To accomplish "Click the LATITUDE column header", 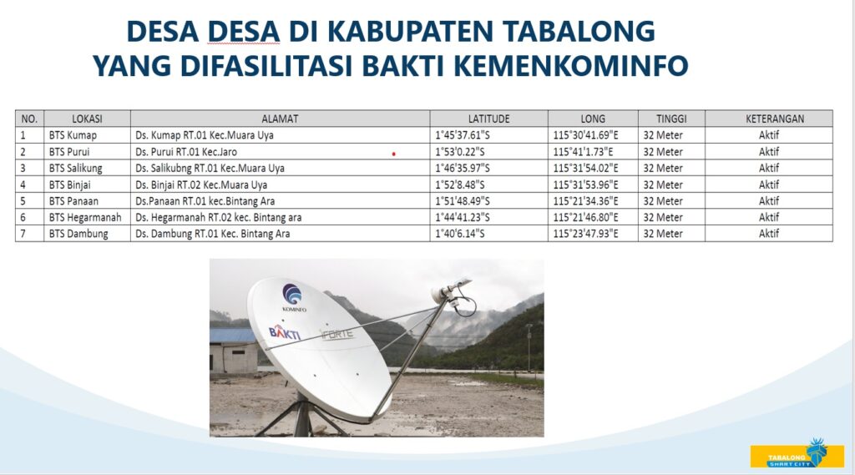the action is (488, 119).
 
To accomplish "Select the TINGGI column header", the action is (671, 119).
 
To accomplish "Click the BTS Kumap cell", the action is (87, 134).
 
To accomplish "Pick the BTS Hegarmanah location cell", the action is (87, 217).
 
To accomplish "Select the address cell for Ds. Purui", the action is (280, 152).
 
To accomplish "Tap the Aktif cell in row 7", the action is (769, 234).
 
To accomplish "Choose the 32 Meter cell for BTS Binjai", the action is (671, 184).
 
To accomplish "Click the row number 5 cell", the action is (29, 200).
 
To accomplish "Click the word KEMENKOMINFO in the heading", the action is (571, 66).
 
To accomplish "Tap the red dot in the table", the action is (394, 154).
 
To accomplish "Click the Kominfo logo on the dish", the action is (293, 297).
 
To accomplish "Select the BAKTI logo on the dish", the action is (284, 331).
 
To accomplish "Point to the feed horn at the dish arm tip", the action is (449, 291).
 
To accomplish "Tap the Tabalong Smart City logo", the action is (797, 454).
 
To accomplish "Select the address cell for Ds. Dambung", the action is (280, 234).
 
